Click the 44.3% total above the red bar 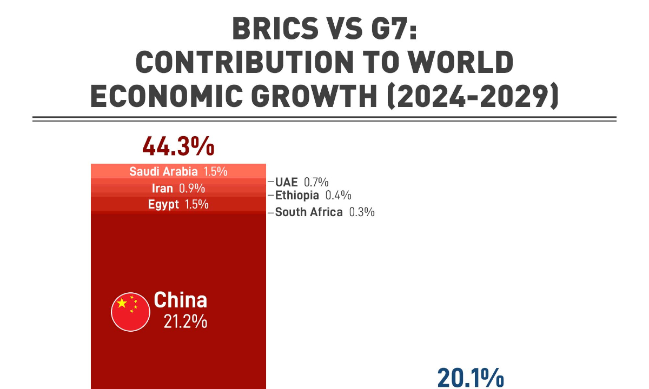[x=178, y=146]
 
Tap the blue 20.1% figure [x=470, y=378]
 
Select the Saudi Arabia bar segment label [x=178, y=172]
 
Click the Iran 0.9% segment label [x=178, y=189]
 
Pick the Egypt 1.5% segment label [x=178, y=204]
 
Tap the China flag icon [x=130, y=312]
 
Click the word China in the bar [x=180, y=300]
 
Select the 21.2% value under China [x=186, y=322]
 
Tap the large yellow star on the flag [x=122, y=303]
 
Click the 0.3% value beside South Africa [x=362, y=212]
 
